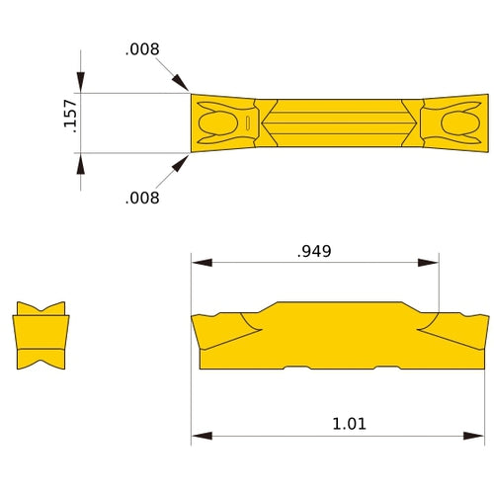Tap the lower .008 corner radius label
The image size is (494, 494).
142,198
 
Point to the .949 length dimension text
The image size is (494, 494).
314,251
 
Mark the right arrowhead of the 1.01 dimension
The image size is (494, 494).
478,434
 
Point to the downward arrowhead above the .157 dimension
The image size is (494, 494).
81,83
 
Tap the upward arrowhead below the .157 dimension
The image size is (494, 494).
81,163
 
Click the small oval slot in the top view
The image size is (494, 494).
245,123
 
